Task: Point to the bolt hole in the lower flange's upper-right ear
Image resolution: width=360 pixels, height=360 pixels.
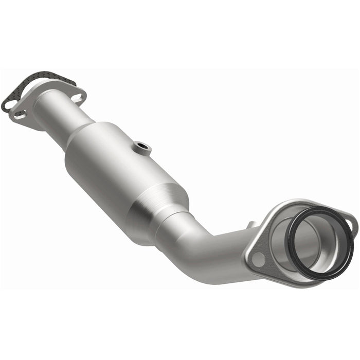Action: pyautogui.click(x=348, y=223)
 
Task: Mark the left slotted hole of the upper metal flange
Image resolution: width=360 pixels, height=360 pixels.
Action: pyautogui.click(x=19, y=114)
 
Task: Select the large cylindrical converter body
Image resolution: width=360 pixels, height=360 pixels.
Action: pyautogui.click(x=113, y=165)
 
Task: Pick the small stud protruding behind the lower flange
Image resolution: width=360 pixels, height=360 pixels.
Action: pyautogui.click(x=251, y=225)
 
